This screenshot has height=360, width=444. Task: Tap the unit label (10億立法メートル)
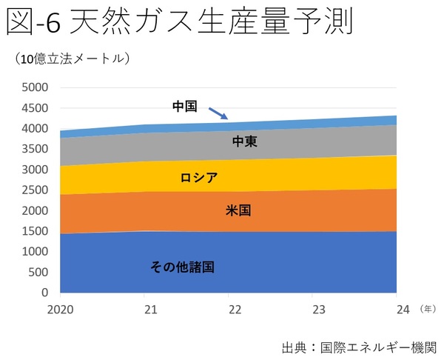73,59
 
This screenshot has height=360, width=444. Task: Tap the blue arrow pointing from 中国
217,113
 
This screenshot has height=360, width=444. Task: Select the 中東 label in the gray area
244,141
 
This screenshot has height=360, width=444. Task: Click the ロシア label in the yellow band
198,178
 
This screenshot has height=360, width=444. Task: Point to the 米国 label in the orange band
238,210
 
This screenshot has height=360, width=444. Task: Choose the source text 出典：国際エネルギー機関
359,347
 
